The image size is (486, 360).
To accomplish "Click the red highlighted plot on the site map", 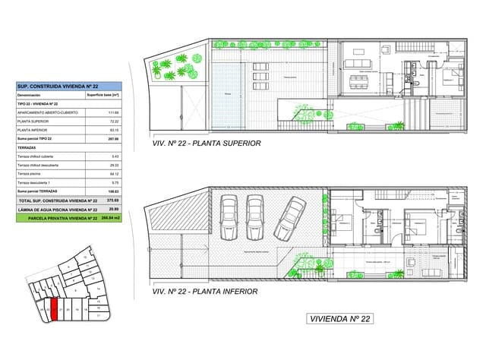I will pos(54,311).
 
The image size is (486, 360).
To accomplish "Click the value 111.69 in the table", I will pos(115,112).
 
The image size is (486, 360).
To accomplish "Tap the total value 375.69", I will pos(114,201).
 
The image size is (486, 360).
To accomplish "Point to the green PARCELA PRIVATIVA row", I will pos(67,217).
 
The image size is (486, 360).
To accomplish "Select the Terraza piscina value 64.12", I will pos(115,174).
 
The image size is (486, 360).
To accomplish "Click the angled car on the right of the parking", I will pos(289,216).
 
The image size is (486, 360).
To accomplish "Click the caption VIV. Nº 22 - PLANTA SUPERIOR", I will pos(207,143).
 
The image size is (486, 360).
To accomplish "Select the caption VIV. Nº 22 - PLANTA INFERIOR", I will pos(205,291).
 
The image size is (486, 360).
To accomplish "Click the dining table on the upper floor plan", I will pos(357,81).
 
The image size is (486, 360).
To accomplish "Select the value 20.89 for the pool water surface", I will pos(114,209).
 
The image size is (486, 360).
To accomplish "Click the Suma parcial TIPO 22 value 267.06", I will pos(114,139).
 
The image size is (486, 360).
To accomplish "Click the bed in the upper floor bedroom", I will pos(450,76).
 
